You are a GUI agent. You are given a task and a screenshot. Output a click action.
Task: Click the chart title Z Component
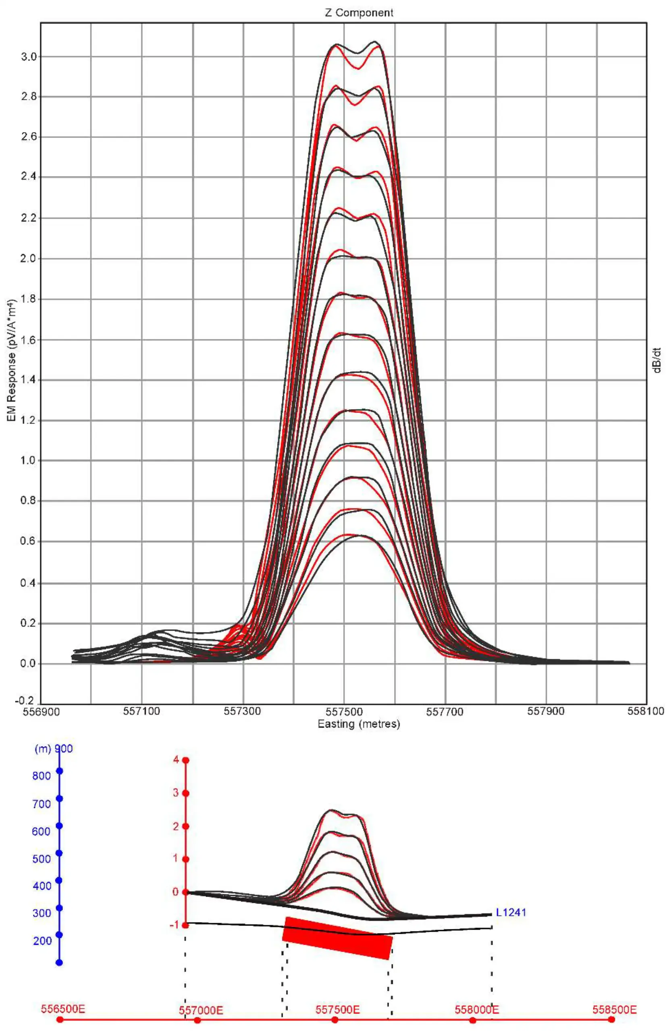[x=359, y=13]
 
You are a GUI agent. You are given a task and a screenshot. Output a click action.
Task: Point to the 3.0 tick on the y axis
[x=29, y=57]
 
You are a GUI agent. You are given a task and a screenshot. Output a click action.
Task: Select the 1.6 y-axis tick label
[x=29, y=340]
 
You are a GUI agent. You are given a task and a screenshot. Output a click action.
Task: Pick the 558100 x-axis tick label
[x=646, y=712]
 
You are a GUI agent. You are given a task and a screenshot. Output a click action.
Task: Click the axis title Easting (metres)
[x=359, y=724]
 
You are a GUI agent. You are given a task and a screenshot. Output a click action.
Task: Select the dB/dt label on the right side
[x=658, y=361]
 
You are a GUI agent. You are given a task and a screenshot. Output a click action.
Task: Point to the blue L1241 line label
[x=511, y=912]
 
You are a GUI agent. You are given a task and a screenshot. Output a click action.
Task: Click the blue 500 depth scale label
[x=42, y=859]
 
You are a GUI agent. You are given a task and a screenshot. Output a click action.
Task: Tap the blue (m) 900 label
[x=53, y=749]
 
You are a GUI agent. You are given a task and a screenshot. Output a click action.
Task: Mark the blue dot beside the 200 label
[x=59, y=935]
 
